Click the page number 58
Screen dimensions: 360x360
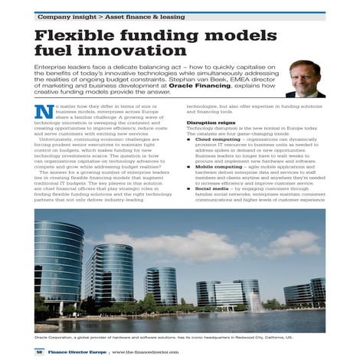point(39,352)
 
